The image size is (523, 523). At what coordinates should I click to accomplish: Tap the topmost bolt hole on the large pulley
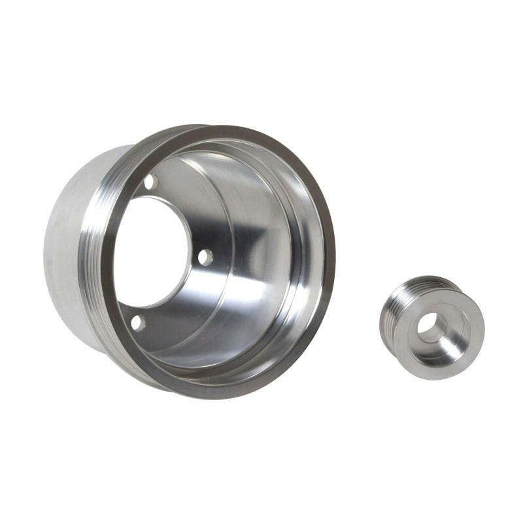[150, 181]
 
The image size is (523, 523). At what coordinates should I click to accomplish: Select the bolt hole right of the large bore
[205, 257]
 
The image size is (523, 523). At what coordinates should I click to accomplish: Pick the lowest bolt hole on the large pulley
[137, 322]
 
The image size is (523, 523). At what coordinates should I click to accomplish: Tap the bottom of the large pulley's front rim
[216, 391]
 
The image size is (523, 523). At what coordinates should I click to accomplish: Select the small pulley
[431, 327]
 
